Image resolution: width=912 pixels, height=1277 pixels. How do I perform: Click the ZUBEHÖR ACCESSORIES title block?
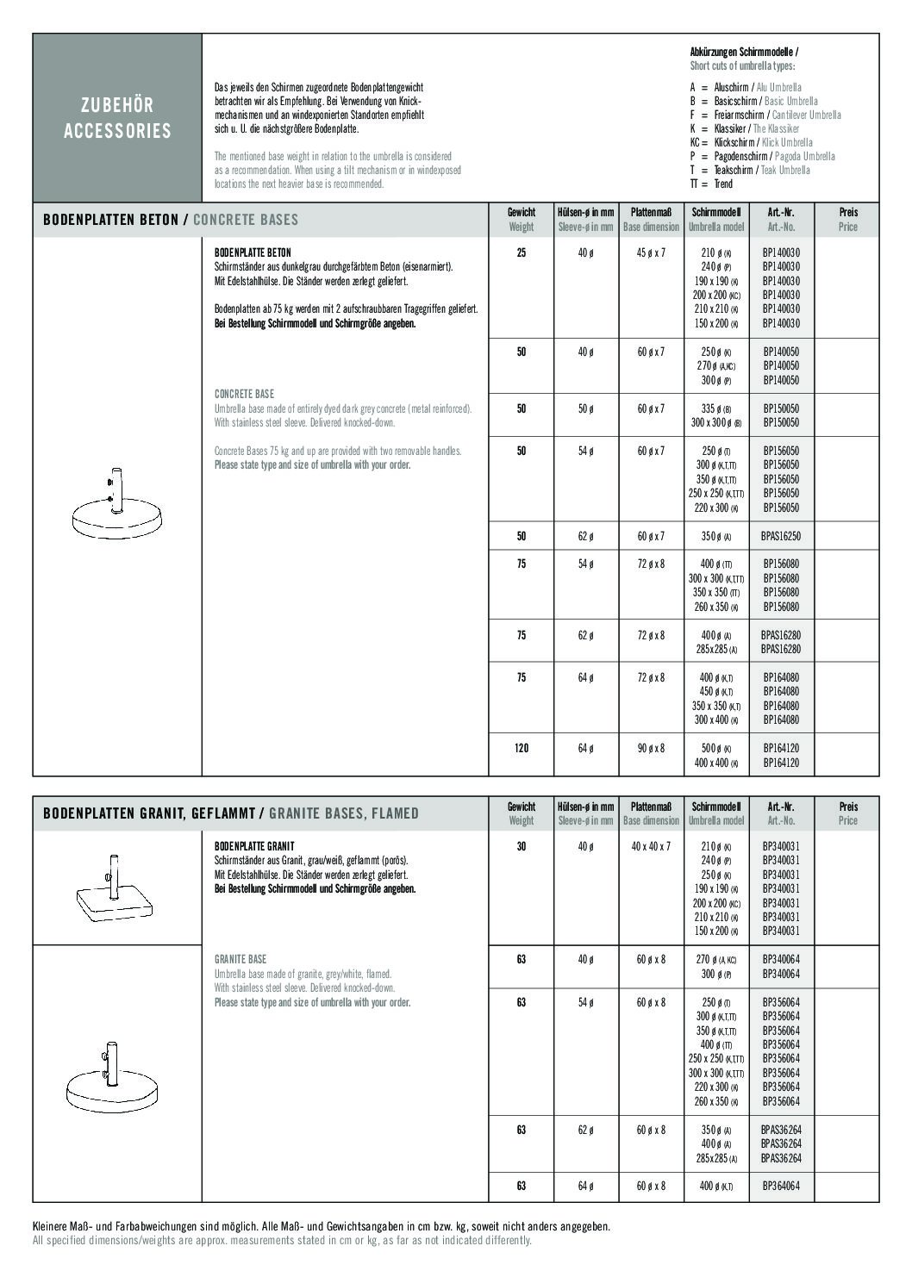click(x=117, y=118)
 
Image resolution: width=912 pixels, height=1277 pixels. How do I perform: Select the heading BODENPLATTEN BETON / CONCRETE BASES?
click(x=171, y=220)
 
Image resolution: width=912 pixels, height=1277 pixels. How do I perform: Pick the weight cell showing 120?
click(x=521, y=749)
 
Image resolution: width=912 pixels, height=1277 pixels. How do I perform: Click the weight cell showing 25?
click(x=521, y=253)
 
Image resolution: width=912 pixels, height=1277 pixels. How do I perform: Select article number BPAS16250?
click(x=781, y=536)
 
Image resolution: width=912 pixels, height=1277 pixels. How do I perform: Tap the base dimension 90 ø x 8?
click(x=651, y=749)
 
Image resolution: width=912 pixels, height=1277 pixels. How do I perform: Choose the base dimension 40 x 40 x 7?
click(x=651, y=847)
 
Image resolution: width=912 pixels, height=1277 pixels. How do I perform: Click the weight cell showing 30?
click(x=521, y=847)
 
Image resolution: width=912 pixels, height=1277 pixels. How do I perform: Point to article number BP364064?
click(x=781, y=1187)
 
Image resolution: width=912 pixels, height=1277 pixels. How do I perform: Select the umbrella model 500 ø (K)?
click(x=715, y=749)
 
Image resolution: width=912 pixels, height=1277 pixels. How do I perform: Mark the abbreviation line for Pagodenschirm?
click(x=762, y=156)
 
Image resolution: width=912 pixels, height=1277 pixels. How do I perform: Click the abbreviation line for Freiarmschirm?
click(x=765, y=115)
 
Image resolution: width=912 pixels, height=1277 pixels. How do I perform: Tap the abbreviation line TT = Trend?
click(x=711, y=184)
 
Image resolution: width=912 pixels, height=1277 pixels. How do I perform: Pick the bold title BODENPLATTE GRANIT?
click(x=254, y=847)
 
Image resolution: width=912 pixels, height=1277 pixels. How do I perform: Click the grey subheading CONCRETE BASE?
click(x=244, y=395)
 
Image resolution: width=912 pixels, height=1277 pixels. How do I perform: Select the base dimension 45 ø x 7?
click(x=651, y=253)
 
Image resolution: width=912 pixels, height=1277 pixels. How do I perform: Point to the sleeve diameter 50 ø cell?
click(x=585, y=408)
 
